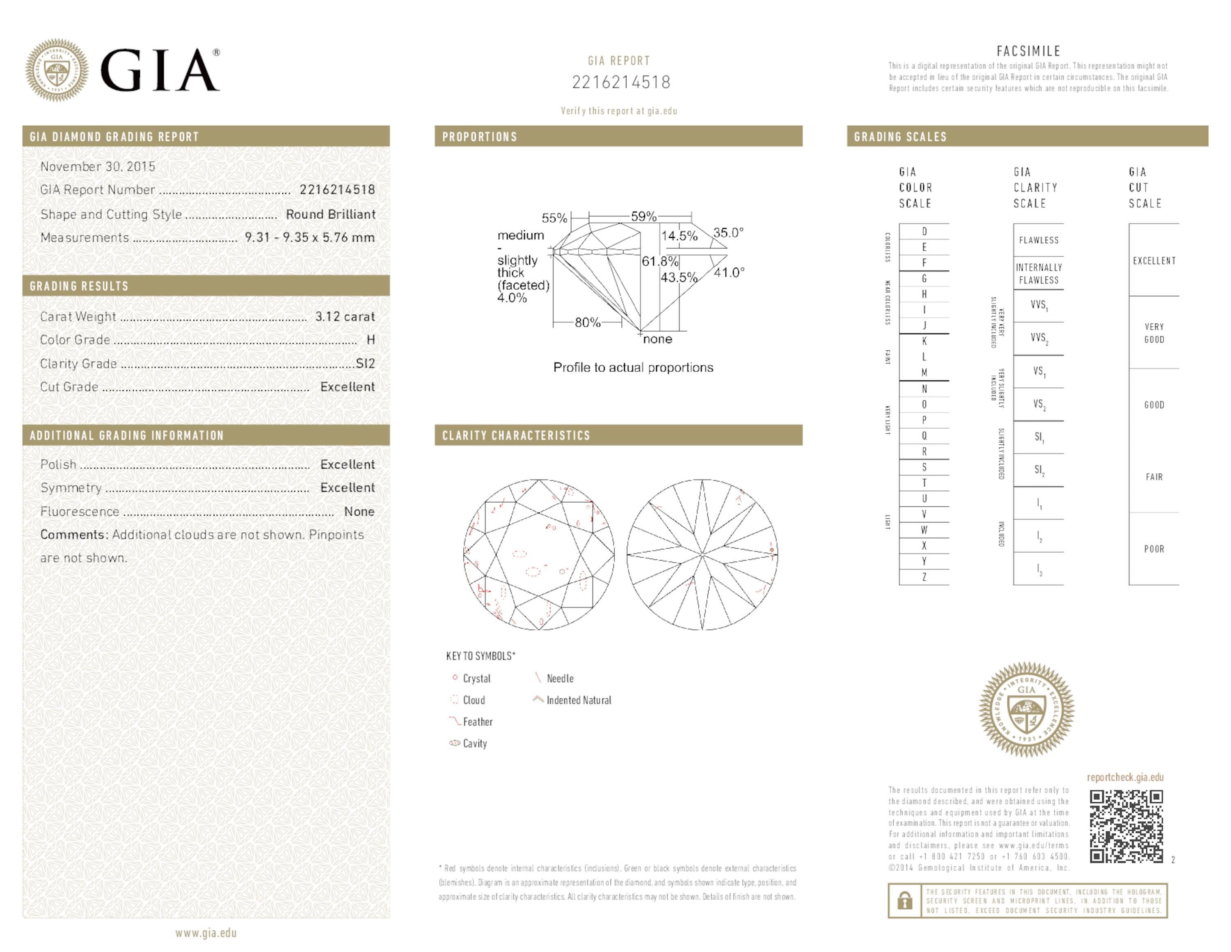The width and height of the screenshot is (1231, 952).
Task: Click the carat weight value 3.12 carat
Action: pyautogui.click(x=344, y=316)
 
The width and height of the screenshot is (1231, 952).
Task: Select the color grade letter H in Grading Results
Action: pyautogui.click(x=370, y=340)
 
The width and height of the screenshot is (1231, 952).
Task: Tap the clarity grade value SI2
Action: pyautogui.click(x=365, y=363)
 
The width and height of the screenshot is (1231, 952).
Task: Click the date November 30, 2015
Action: pyautogui.click(x=98, y=166)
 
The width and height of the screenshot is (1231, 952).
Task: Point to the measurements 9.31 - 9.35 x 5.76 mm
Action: pyautogui.click(x=309, y=237)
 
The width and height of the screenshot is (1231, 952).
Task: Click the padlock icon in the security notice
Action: pyautogui.click(x=905, y=900)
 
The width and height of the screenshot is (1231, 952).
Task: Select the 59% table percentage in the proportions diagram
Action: pyautogui.click(x=643, y=216)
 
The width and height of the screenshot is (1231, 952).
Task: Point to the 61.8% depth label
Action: pyautogui.click(x=659, y=262)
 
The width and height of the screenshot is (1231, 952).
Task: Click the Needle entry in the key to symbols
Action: pyautogui.click(x=559, y=678)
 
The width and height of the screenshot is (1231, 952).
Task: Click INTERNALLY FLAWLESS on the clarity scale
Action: pyautogui.click(x=1039, y=274)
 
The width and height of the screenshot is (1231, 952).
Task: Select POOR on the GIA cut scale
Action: pyautogui.click(x=1154, y=549)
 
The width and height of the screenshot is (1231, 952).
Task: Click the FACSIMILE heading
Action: pyautogui.click(x=1028, y=51)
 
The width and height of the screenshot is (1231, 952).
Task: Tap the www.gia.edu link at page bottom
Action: pyautogui.click(x=206, y=933)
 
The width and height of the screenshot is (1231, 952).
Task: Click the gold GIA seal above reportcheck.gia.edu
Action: pyautogui.click(x=1026, y=709)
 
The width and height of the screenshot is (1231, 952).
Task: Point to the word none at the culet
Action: pyautogui.click(x=657, y=339)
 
